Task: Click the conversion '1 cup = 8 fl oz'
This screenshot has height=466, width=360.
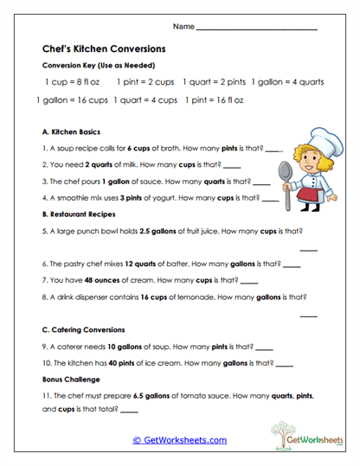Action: pos(73,81)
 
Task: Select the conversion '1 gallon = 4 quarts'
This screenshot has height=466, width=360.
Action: pos(287,81)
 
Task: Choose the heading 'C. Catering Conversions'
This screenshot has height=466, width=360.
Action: pos(83,329)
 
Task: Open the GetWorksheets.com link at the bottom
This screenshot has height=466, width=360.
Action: pos(179,440)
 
